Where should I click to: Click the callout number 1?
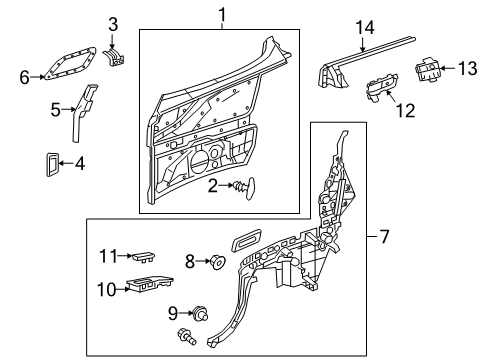pos(222,15)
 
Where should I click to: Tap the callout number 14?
pos(365,27)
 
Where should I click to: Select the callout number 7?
pos(384,236)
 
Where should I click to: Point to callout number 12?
pos(405,111)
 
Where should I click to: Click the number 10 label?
pos(107,289)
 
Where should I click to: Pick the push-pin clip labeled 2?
pos(246,188)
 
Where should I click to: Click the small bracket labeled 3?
pos(114,57)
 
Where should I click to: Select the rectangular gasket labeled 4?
pos(52,164)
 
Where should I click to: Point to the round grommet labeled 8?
pos(218,262)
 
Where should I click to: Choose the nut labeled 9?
pos(200,313)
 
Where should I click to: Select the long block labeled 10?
pos(150,284)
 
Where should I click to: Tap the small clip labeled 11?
pos(144,257)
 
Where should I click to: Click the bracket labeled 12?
pos(382,87)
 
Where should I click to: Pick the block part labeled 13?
pos(427,70)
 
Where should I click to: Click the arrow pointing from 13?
pos(448,68)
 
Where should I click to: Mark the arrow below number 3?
pos(112,42)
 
